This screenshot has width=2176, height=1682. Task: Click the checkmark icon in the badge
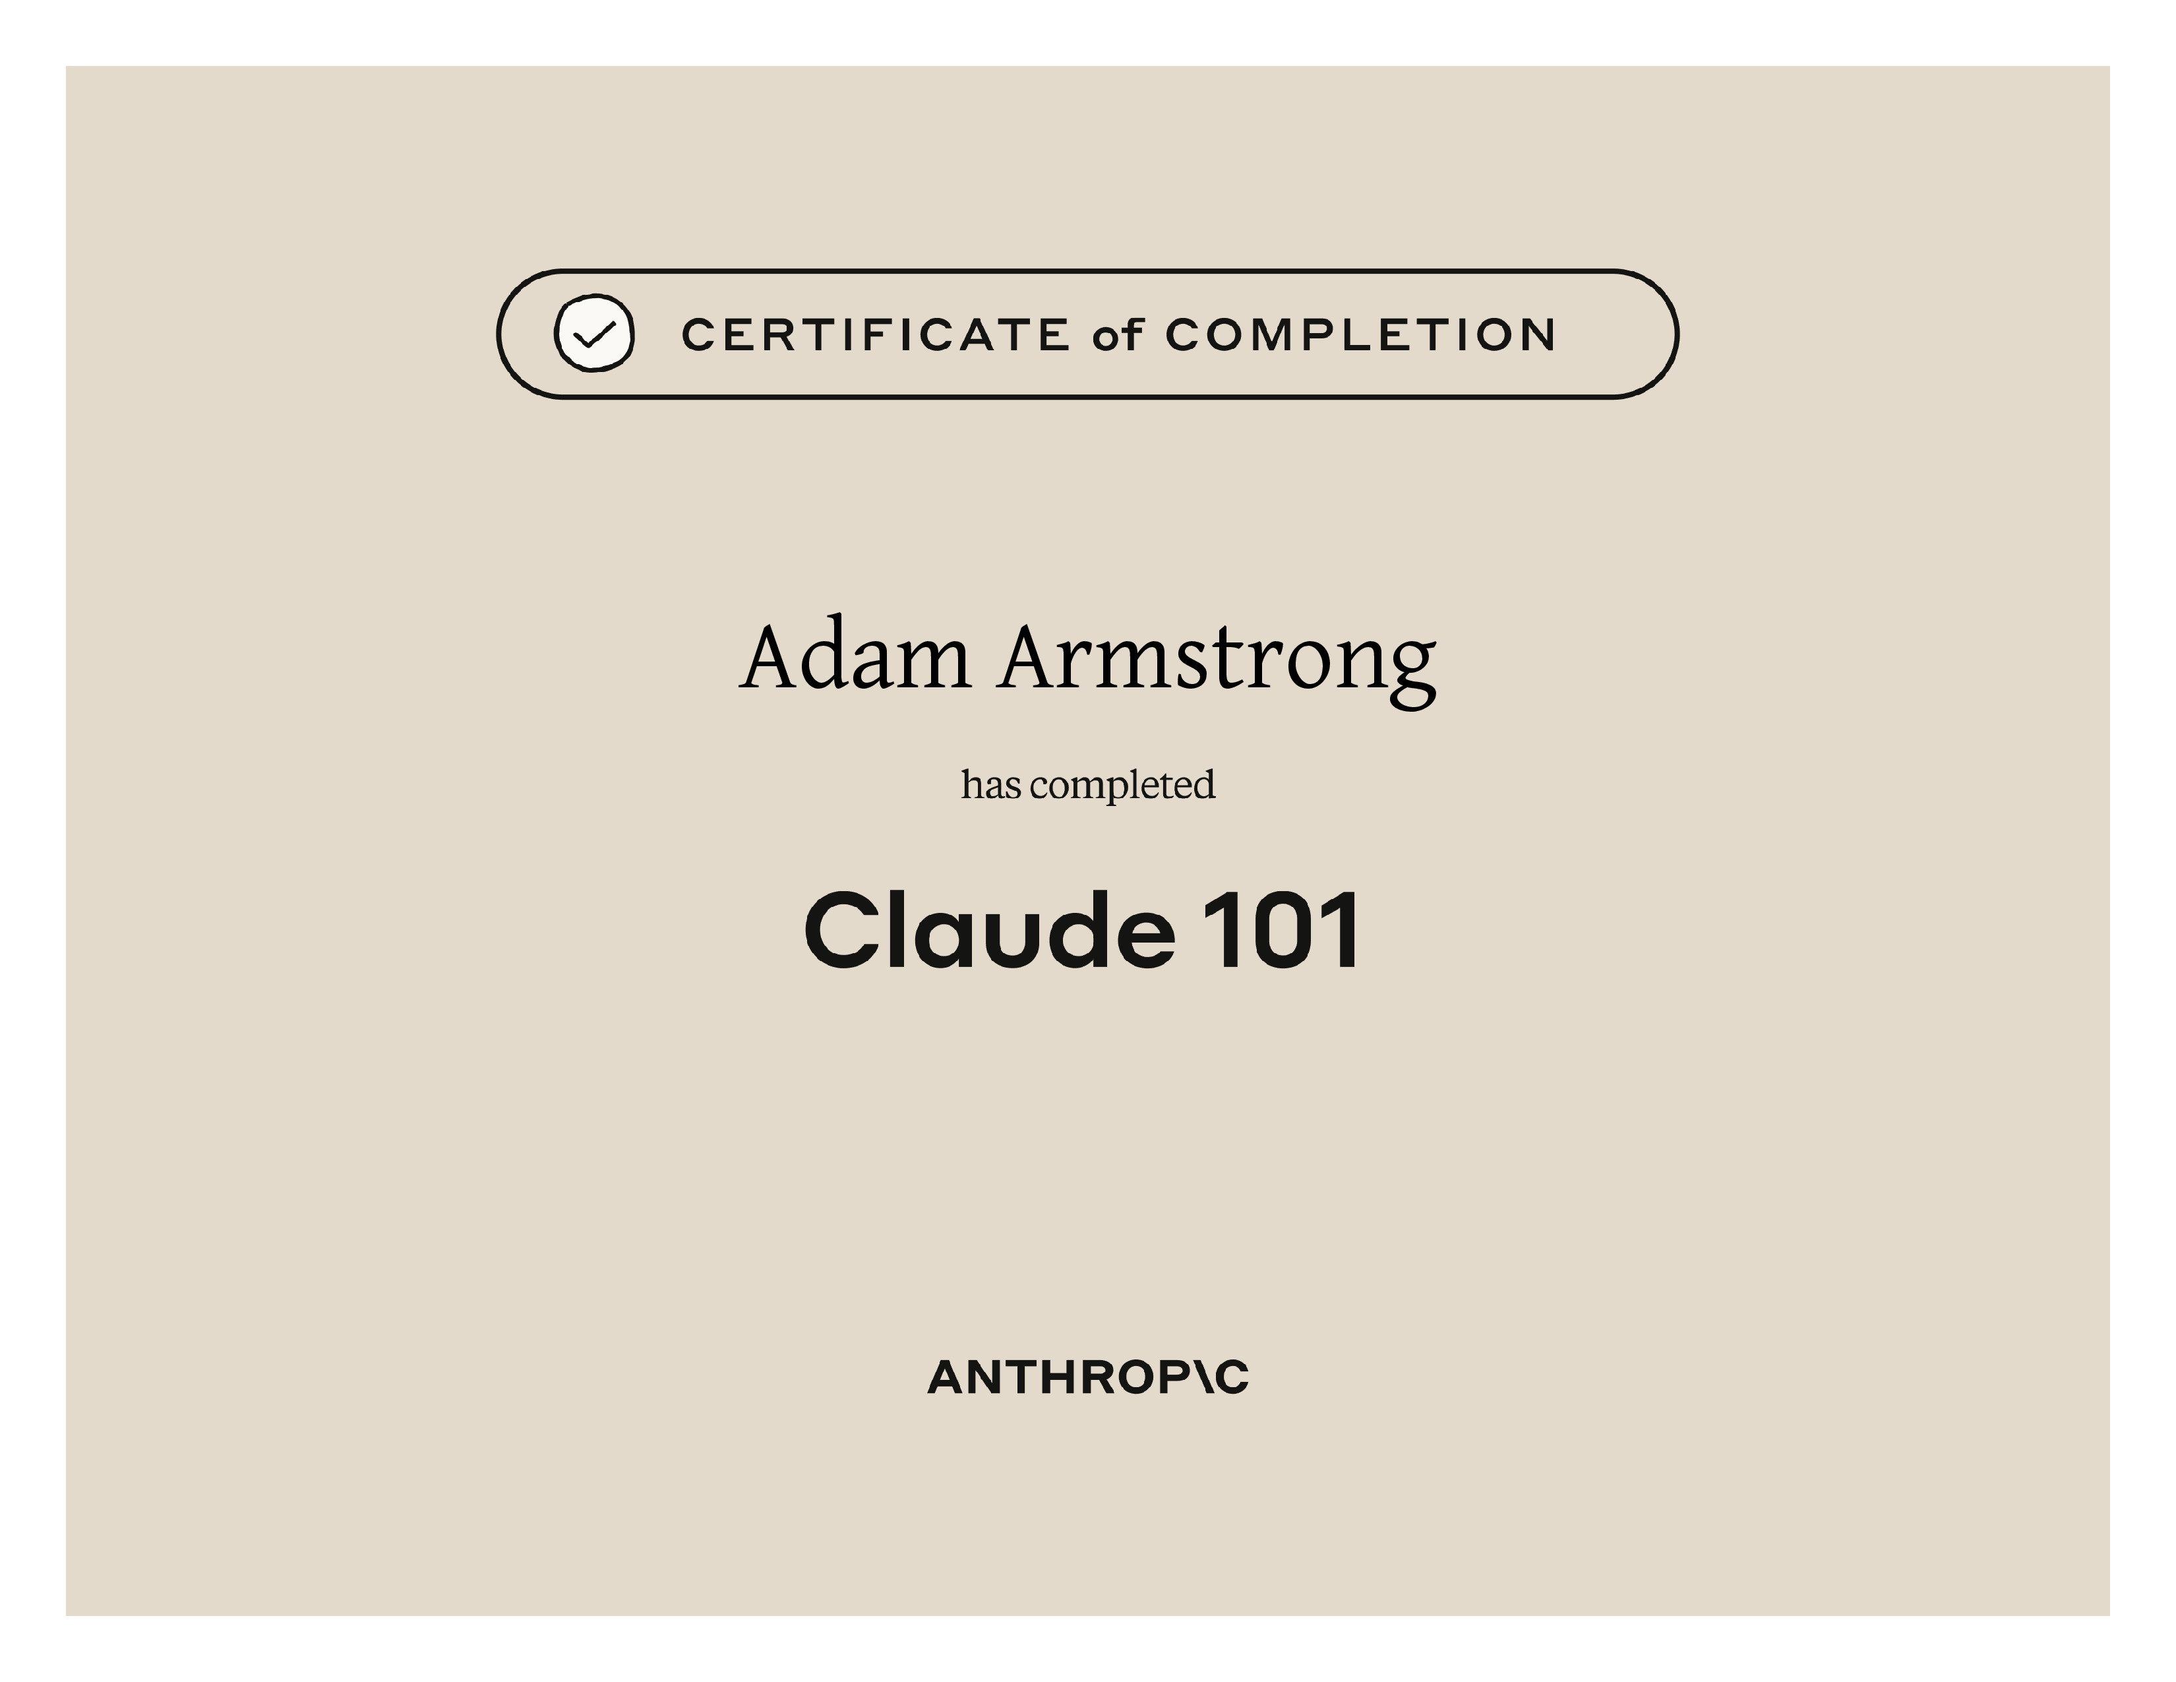594,333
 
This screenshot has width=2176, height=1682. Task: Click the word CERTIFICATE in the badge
876,335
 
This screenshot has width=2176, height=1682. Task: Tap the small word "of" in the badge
1117,335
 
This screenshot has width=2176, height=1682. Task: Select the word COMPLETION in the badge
1360,335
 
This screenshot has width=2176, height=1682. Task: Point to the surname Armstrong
1217,663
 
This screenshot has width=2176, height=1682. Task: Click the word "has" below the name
991,784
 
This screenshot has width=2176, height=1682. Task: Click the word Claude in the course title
989,929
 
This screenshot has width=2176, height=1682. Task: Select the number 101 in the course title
1281,929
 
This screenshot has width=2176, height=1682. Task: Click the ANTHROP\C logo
1088,1377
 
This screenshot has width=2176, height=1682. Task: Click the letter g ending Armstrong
1406,675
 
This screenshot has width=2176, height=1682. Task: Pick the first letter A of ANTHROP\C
950,1377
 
